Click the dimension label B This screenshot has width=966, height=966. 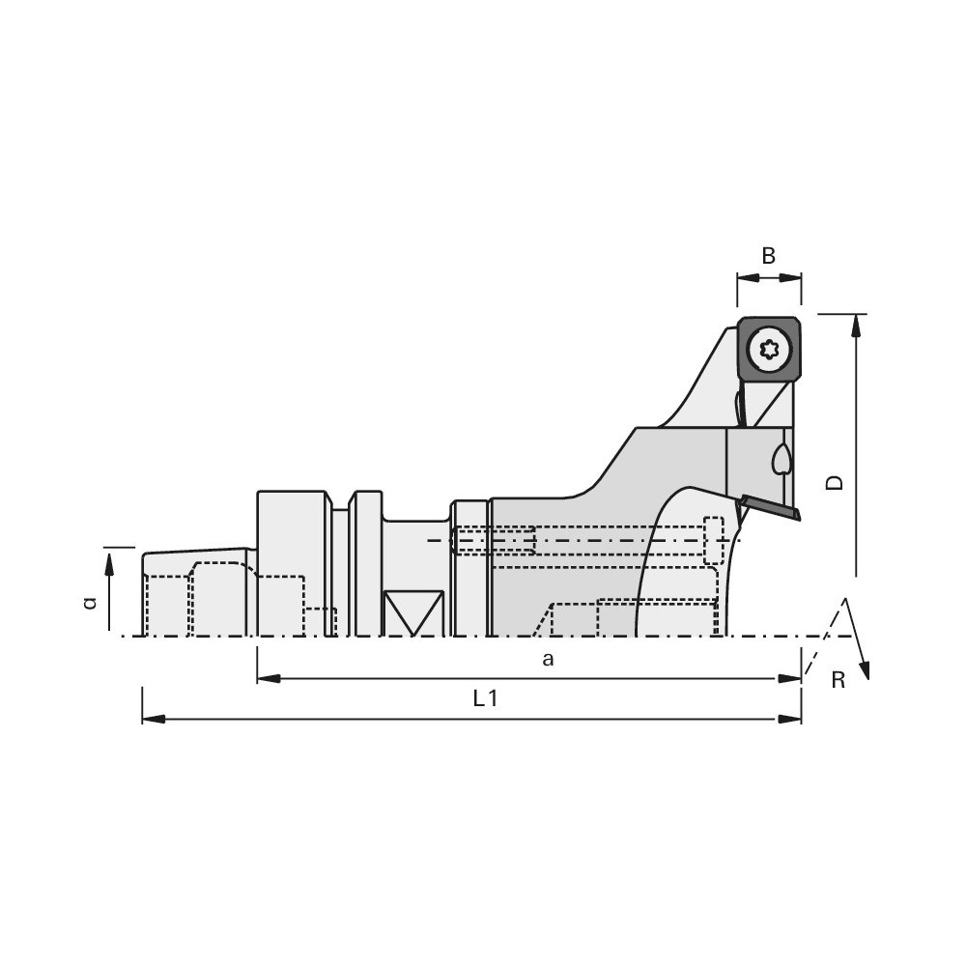[768, 256]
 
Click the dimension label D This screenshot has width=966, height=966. [835, 482]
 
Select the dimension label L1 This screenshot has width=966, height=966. [485, 698]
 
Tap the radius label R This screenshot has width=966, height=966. [838, 680]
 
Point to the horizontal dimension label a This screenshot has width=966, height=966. [548, 660]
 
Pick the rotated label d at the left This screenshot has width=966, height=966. [91, 602]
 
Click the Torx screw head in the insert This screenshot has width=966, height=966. [768, 350]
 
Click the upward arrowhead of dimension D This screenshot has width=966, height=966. [856, 327]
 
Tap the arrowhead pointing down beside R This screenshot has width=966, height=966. [865, 669]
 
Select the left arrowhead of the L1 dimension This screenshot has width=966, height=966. [154, 719]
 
